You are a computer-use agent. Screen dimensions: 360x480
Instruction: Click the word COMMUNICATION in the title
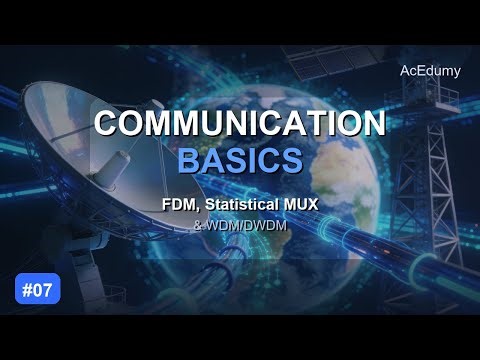click(239, 124)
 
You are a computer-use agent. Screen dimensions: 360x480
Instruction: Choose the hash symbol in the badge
click(27, 290)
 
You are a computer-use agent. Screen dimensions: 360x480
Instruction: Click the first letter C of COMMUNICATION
click(107, 124)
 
